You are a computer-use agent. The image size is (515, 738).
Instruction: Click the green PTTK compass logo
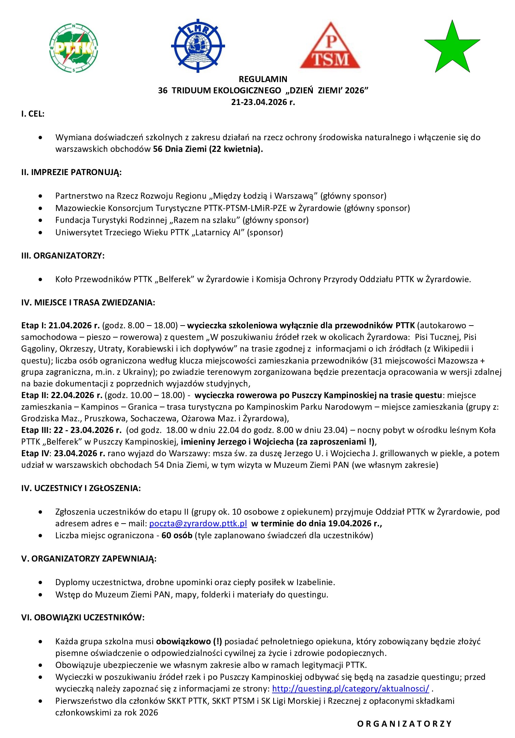tap(74, 48)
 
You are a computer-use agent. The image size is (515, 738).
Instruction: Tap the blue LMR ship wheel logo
tap(198, 45)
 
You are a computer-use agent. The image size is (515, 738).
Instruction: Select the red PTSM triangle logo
tap(330, 46)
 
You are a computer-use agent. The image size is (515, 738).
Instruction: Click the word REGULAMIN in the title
tap(263, 79)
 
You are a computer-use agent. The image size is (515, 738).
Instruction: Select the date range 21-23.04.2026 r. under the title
tap(263, 102)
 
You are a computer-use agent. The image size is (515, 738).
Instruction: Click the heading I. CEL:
tap(33, 114)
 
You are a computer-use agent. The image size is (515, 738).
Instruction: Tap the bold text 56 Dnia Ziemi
tap(180, 149)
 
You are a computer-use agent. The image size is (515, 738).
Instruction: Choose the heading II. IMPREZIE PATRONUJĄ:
tap(71, 172)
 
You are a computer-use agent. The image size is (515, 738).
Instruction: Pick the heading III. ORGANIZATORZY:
tap(63, 256)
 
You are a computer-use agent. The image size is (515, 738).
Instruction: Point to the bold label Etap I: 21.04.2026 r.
tap(60, 325)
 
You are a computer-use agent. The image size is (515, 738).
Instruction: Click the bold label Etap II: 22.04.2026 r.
tap(62, 395)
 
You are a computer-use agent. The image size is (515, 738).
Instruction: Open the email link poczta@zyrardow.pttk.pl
tap(198, 524)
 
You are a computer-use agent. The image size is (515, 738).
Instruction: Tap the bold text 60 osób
tap(177, 536)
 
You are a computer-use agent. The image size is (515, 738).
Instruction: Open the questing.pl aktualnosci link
tap(350, 688)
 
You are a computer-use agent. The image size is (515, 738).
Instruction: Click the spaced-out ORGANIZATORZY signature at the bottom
tap(404, 724)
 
